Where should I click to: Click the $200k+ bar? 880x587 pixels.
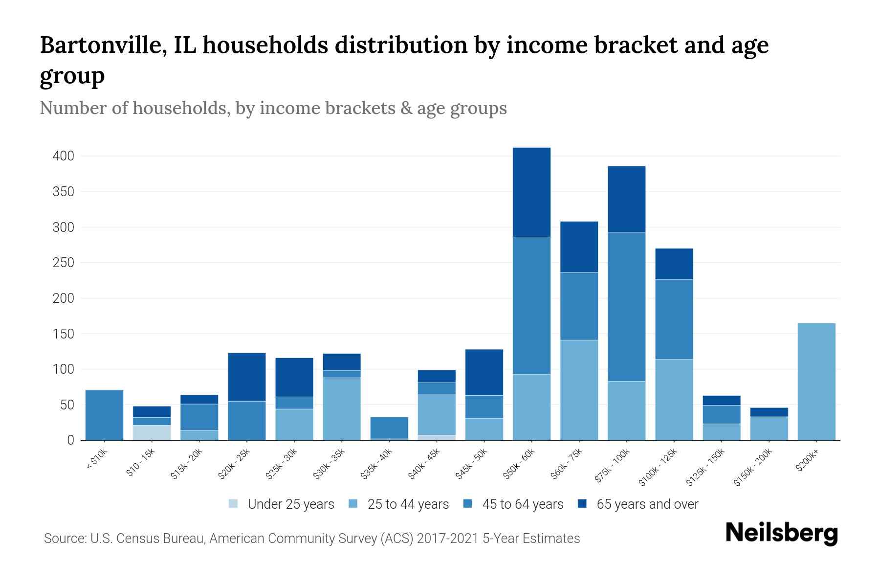click(x=816, y=382)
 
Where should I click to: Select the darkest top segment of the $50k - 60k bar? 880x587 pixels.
click(x=531, y=192)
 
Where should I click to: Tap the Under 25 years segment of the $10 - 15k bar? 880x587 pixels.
click(x=152, y=432)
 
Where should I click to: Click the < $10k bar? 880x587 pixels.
click(x=104, y=415)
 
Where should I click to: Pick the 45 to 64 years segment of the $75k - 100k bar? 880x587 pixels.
click(x=626, y=307)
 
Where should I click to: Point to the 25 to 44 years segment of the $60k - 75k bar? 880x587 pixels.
click(x=579, y=390)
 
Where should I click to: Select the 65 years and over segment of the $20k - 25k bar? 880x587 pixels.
click(x=246, y=377)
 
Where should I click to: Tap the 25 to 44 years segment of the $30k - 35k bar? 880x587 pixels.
click(x=342, y=408)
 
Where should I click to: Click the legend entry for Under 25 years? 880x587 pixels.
click(x=282, y=504)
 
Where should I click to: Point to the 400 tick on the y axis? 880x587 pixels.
click(x=63, y=156)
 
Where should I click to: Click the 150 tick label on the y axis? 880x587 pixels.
click(x=63, y=334)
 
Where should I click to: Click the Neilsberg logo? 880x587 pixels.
click(x=781, y=533)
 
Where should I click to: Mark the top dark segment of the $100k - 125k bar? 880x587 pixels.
click(x=674, y=264)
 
